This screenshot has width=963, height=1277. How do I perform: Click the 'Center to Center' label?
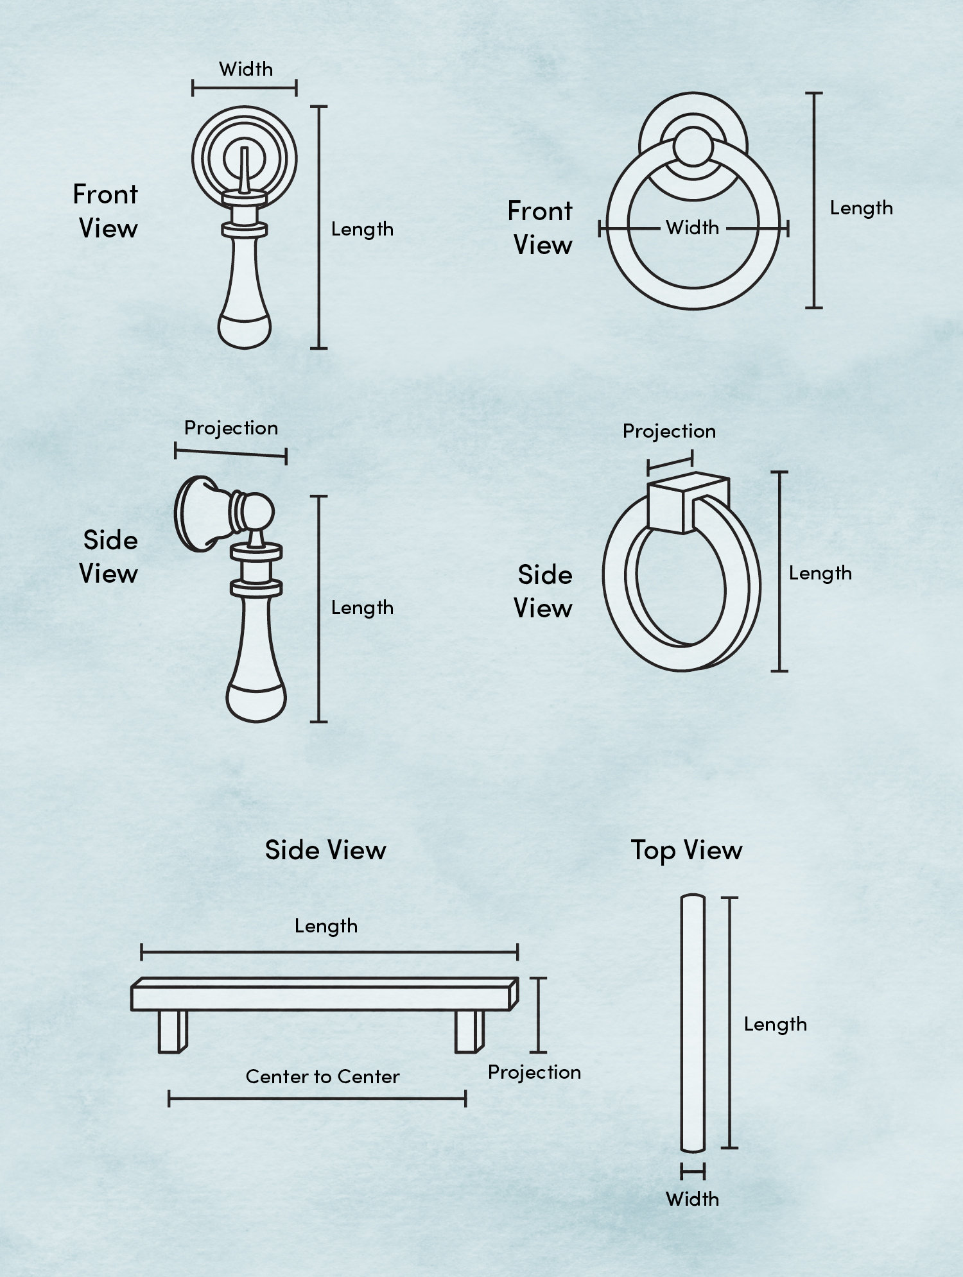322,1076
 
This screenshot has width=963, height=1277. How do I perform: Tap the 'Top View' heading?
686,850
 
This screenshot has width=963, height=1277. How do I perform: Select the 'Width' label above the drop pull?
246,69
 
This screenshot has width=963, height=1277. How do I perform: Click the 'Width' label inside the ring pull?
692,227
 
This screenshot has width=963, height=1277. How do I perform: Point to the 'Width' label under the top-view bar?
692,1199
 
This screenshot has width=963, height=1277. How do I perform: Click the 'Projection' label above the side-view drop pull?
231,428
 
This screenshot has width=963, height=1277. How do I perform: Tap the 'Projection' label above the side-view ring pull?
669,431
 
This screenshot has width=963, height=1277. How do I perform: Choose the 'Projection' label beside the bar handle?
534,1072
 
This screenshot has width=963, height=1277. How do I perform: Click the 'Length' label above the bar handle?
326,926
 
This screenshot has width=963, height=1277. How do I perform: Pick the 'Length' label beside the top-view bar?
776,1024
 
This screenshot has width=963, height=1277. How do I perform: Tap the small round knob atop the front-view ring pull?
693,146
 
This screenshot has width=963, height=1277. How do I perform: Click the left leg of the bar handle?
173,1032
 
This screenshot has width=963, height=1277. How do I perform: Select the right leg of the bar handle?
470,1032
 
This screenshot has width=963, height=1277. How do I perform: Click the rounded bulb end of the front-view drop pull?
245,329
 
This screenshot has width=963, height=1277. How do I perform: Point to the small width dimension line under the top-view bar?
693,1172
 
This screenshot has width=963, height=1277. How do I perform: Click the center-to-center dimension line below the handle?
317,1099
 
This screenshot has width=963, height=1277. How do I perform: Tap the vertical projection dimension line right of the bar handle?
538,1015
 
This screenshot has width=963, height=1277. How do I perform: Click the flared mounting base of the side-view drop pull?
196,513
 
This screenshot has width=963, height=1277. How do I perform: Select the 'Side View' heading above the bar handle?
325,850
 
